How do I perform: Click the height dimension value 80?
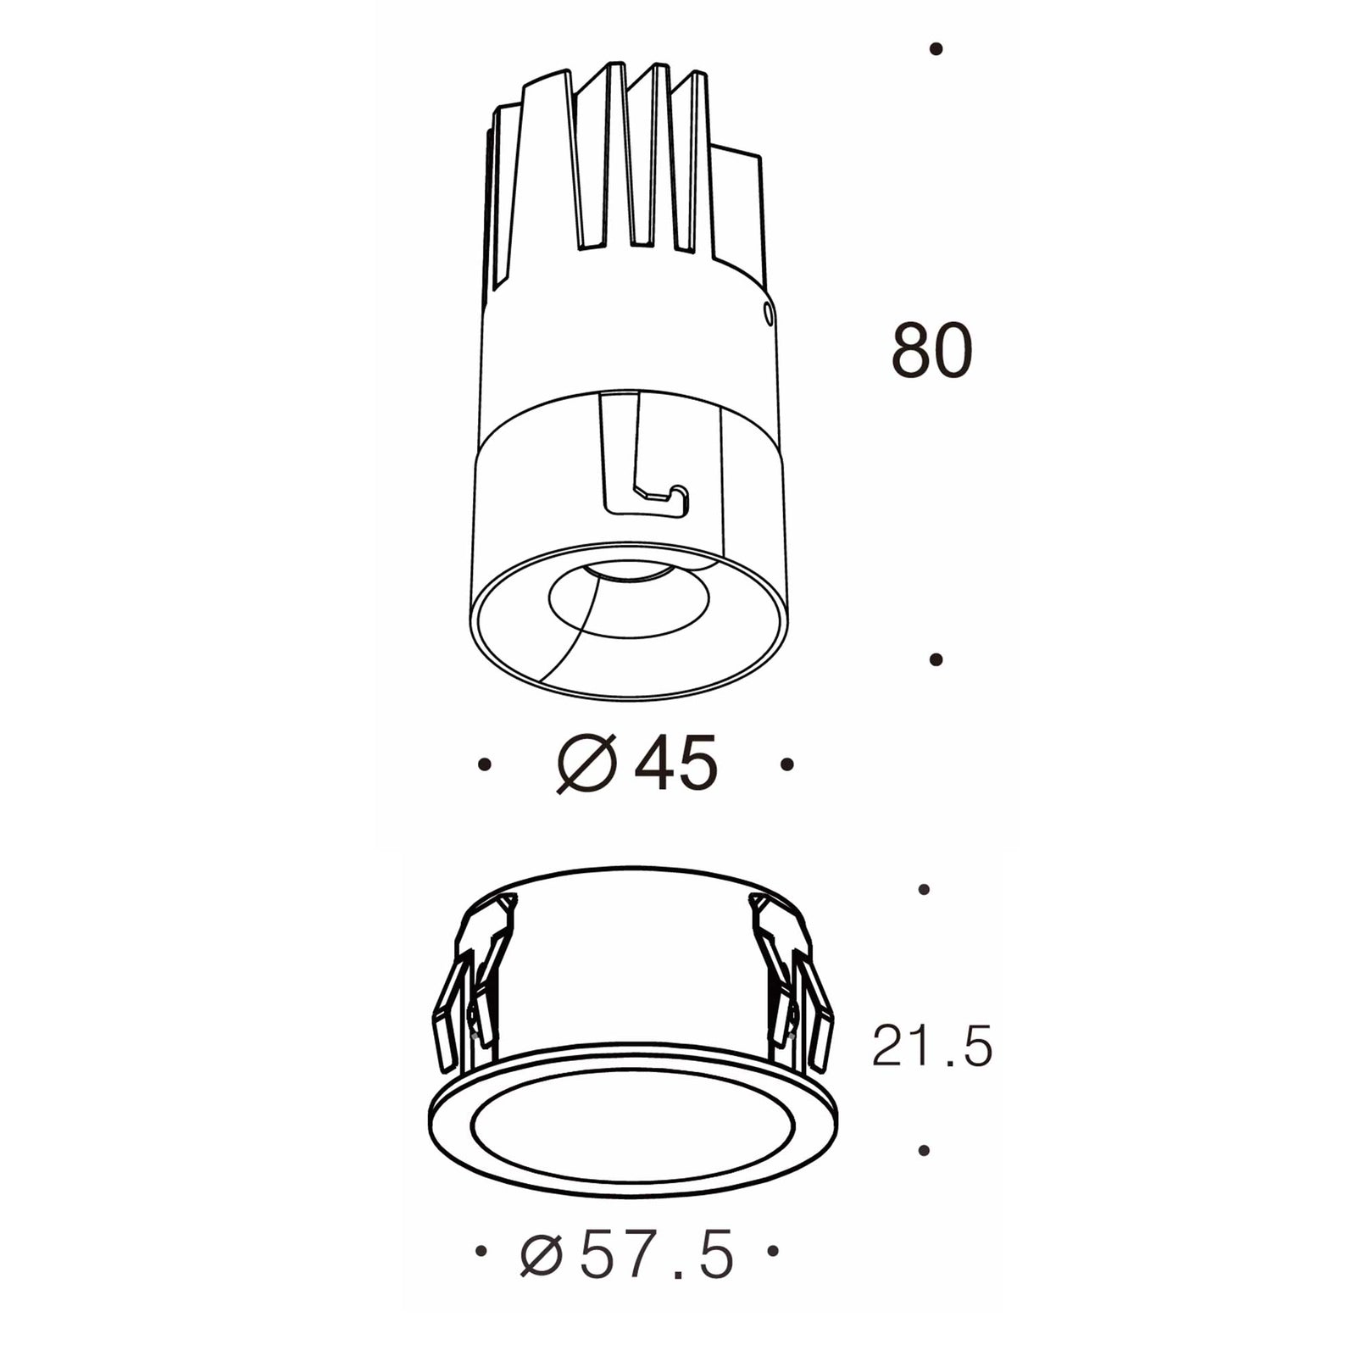[x=931, y=351]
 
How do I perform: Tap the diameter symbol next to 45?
[x=586, y=764]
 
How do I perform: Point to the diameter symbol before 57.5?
[x=541, y=1257]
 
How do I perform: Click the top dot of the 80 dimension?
[x=936, y=50]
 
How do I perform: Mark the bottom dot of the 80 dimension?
[x=936, y=659]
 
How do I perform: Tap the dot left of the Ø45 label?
[x=484, y=764]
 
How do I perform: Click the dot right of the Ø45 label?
[x=787, y=764]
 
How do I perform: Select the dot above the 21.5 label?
[x=924, y=889]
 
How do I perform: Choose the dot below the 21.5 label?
[x=924, y=1150]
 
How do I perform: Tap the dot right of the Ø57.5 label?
[x=772, y=1250]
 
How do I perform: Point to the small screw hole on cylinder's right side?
[x=768, y=315]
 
